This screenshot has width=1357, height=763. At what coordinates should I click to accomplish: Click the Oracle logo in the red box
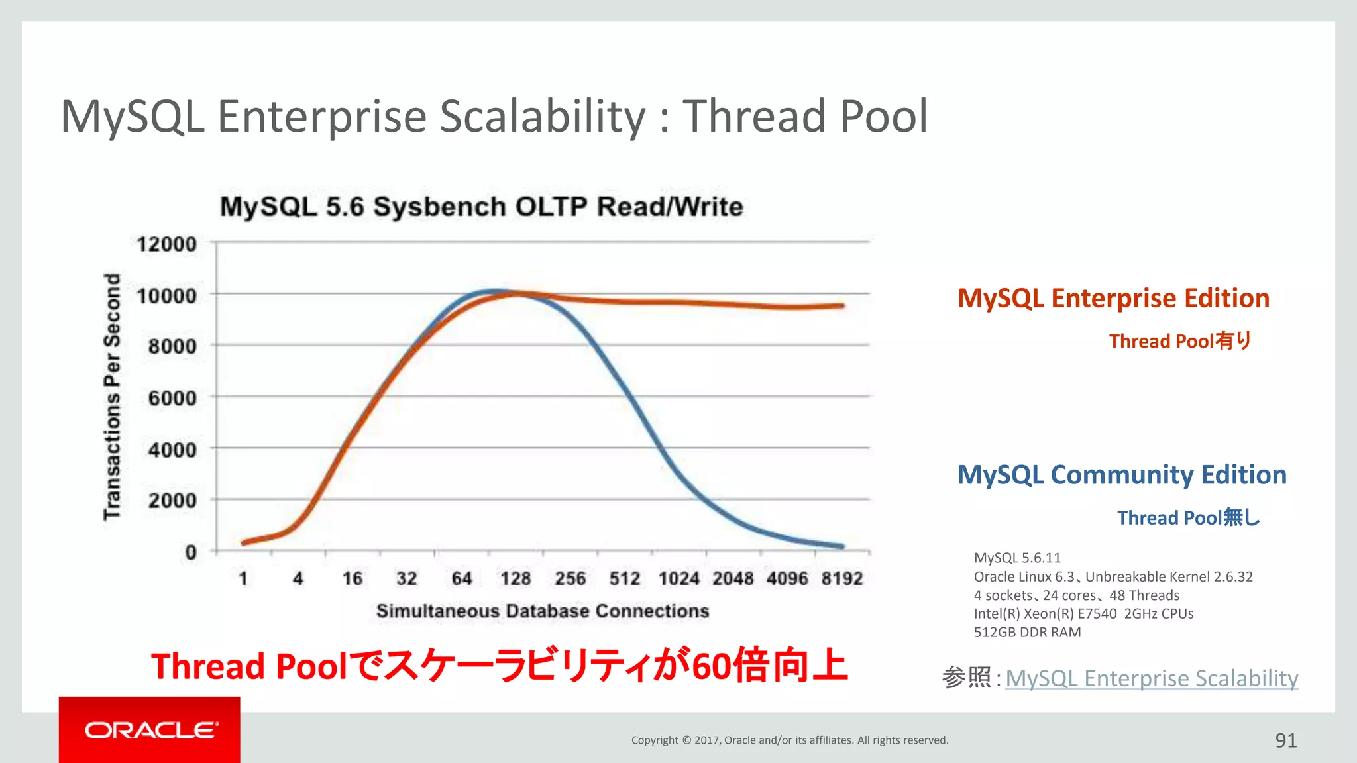coord(150,730)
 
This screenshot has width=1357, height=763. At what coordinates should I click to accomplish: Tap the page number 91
coord(1285,740)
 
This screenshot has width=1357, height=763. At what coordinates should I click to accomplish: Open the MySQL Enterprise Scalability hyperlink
coord(1152,678)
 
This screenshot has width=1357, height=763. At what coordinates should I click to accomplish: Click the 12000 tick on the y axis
coord(166,244)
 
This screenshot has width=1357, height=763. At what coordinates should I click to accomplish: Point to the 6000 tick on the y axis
coord(172,398)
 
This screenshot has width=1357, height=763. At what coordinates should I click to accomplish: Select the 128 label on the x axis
coord(516,579)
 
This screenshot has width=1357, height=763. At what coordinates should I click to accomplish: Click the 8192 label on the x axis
coord(841,579)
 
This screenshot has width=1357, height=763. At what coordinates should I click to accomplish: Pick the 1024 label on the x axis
coord(678,579)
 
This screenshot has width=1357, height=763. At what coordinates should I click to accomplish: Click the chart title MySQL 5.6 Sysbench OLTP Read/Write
coord(482,207)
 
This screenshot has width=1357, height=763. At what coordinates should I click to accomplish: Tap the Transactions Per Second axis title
coord(112,396)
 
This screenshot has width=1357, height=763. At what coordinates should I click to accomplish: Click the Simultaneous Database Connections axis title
coord(543,611)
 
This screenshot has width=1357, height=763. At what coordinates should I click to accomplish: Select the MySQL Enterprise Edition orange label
coord(1113,298)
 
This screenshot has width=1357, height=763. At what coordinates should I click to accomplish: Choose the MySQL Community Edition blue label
coord(1122,475)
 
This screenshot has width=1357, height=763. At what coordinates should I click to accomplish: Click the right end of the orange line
coord(841,306)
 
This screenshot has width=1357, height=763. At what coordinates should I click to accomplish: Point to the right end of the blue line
coord(841,546)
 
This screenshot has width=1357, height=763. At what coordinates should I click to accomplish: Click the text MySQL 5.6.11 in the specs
coord(1017,558)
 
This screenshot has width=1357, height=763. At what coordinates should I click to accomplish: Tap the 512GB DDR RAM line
coord(1027,632)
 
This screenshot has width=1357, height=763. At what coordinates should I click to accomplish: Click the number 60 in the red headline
coord(712,666)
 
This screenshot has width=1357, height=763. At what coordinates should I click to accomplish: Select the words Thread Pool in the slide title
coord(804,117)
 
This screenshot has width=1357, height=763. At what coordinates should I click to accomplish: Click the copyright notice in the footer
coord(790,740)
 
